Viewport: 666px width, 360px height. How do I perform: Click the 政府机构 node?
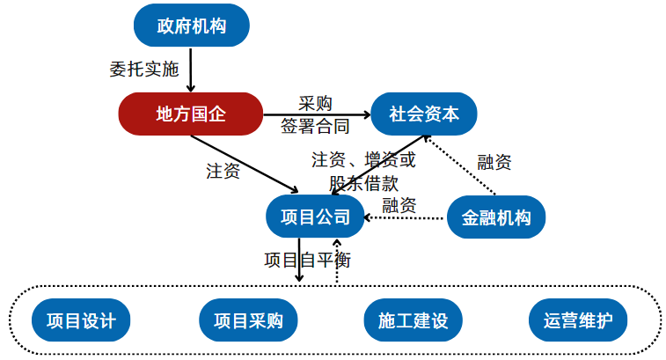191,26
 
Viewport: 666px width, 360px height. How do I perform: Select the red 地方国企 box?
191,114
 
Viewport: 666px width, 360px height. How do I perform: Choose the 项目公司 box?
315,217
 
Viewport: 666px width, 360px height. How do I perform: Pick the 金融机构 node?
496,217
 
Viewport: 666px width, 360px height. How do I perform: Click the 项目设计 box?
81,320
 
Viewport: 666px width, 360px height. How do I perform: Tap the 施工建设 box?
413,320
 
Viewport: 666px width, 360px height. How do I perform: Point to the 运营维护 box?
578,320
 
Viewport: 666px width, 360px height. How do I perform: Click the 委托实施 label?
143,70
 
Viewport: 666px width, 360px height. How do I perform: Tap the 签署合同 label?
314,127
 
